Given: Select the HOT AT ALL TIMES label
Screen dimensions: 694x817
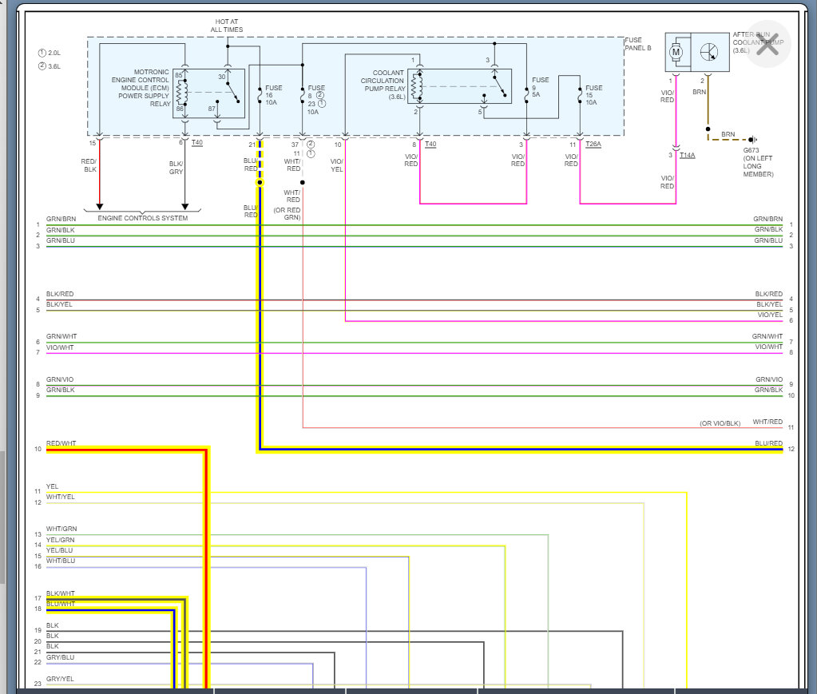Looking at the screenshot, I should pyautogui.click(x=227, y=26).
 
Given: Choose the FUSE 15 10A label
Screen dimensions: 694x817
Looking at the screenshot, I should pyautogui.click(x=593, y=95).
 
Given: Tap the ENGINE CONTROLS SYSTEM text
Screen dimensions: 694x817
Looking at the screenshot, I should pyautogui.click(x=143, y=218).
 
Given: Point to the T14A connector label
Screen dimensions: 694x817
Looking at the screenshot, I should pyautogui.click(x=688, y=154).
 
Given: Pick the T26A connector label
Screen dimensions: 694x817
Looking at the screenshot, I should pyautogui.click(x=593, y=144).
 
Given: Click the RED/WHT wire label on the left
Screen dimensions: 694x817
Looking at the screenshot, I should pyautogui.click(x=61, y=443).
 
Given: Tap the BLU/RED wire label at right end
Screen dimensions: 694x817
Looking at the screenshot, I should pyautogui.click(x=769, y=443).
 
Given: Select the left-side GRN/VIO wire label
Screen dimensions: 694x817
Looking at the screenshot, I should pyautogui.click(x=60, y=379).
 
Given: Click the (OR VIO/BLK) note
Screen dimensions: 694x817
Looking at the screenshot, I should pyautogui.click(x=720, y=422).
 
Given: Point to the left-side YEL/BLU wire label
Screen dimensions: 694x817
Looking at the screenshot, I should pyautogui.click(x=60, y=550).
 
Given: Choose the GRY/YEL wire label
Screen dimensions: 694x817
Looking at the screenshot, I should pyautogui.click(x=60, y=679).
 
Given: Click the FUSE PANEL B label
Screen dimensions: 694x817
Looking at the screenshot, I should pyautogui.click(x=638, y=45).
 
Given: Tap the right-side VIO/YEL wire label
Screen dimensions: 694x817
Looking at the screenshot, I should pyautogui.click(x=769, y=315).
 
